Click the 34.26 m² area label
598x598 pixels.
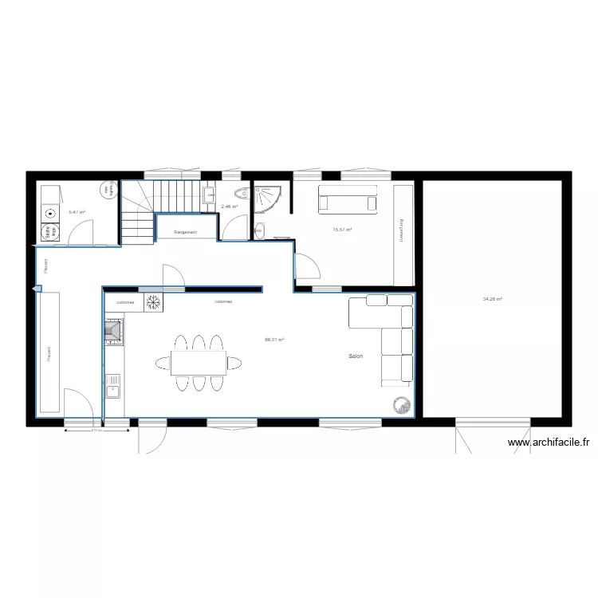click(492, 300)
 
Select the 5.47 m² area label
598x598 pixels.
click(77, 212)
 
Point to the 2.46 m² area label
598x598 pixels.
click(230, 207)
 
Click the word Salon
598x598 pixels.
click(356, 356)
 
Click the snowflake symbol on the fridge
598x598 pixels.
click(153, 302)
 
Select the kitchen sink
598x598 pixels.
click(112, 390)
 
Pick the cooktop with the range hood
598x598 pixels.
click(113, 331)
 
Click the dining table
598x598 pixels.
click(198, 363)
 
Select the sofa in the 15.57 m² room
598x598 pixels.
click(348, 199)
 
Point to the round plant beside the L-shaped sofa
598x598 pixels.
click(399, 405)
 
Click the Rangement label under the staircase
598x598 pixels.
click(186, 232)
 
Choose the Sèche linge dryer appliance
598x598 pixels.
click(49, 232)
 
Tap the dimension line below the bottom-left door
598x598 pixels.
click(96, 431)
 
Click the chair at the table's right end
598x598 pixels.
click(234, 364)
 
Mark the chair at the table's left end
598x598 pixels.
click(162, 364)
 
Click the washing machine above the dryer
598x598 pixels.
click(50, 214)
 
